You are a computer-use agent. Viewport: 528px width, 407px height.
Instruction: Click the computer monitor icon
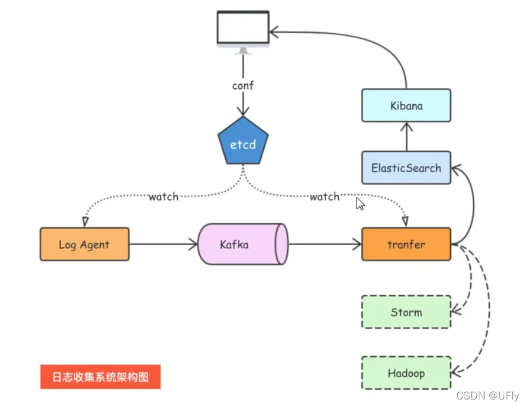(x=243, y=29)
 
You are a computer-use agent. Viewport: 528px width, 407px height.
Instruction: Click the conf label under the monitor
(x=243, y=85)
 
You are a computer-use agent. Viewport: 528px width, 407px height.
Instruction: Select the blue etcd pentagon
(x=243, y=143)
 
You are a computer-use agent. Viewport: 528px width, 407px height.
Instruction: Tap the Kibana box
(x=406, y=106)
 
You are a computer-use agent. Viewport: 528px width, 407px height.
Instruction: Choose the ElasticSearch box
(x=406, y=168)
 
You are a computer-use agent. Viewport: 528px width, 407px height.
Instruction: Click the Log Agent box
(x=85, y=244)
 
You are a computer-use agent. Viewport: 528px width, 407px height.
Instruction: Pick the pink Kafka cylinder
(x=242, y=244)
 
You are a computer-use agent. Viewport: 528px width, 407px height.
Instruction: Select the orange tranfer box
(x=406, y=244)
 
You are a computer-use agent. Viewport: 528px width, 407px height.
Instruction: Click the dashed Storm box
(x=406, y=312)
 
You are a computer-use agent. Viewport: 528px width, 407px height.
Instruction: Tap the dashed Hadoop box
(x=406, y=373)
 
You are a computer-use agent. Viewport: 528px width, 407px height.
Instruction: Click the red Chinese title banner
(x=100, y=377)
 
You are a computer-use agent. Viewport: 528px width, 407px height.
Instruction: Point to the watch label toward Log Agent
(x=163, y=197)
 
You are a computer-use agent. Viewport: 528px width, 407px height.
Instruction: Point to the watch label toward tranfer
(x=324, y=197)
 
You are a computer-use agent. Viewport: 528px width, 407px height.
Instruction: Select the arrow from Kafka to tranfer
(x=324, y=244)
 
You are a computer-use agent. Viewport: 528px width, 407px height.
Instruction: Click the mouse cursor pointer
(x=360, y=203)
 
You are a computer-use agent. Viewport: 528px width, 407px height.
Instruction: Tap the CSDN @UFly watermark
(x=487, y=396)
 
